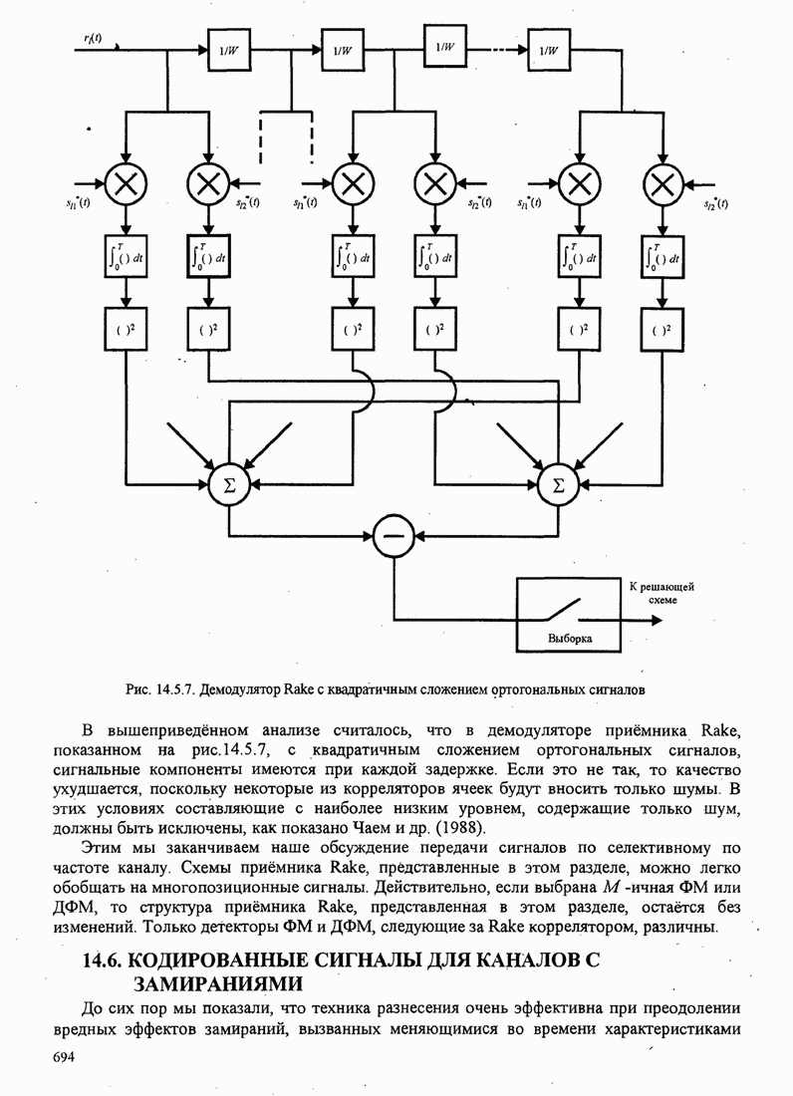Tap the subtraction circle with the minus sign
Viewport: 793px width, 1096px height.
tap(394, 539)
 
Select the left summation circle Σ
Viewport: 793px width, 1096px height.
tap(230, 485)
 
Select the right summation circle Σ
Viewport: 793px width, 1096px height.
tap(557, 485)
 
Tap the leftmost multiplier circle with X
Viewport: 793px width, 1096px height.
tap(127, 183)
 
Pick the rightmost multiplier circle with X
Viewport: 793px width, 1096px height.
tap(661, 183)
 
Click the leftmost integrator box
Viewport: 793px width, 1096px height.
tap(127, 256)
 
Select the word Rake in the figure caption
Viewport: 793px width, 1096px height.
tap(299, 688)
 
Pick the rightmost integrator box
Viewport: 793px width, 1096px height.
tap(661, 256)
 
